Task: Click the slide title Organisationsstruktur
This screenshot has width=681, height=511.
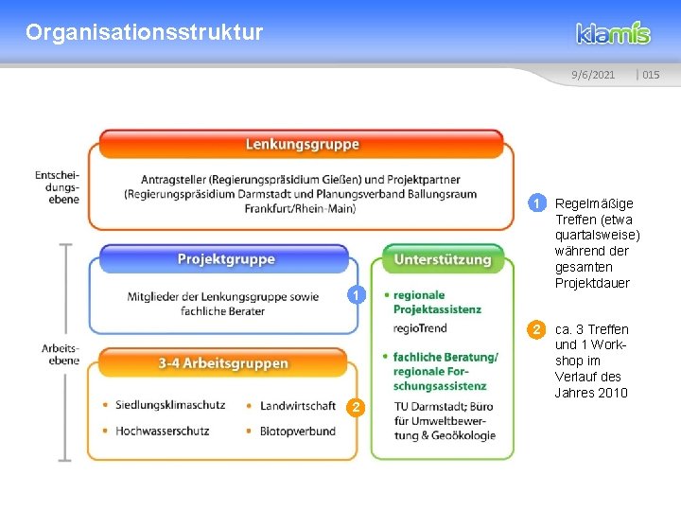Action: click(x=145, y=33)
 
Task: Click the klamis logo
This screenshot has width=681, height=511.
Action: click(x=614, y=33)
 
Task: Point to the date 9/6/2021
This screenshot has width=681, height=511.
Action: click(x=593, y=75)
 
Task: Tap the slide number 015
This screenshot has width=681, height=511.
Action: click(x=650, y=75)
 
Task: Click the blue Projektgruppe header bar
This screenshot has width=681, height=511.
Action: click(x=226, y=258)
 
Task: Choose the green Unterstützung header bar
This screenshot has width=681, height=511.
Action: click(x=443, y=258)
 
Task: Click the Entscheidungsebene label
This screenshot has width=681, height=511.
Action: click(x=57, y=186)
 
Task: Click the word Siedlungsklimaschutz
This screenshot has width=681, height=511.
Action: click(x=170, y=405)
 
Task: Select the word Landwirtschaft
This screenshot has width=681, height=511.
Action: click(x=297, y=405)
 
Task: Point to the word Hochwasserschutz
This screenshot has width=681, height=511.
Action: click(x=162, y=431)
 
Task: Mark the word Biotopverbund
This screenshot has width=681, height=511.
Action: click(x=297, y=431)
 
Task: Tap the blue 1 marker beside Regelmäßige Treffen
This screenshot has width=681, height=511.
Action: click(x=536, y=203)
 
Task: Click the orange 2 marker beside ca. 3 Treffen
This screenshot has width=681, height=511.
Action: click(x=536, y=329)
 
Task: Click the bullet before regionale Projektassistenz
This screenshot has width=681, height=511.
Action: click(x=386, y=295)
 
